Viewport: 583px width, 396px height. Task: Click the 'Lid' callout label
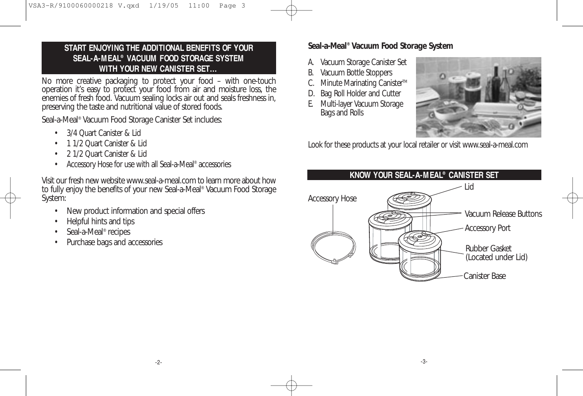point(469,187)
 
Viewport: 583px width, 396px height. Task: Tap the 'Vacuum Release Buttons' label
point(503,214)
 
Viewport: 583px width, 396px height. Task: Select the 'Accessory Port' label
point(487,228)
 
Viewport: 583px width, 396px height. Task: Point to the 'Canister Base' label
point(485,276)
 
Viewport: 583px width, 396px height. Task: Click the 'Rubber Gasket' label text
point(488,248)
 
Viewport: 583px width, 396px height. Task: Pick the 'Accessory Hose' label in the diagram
point(332,198)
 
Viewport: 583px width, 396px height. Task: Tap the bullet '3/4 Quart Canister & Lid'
point(104,133)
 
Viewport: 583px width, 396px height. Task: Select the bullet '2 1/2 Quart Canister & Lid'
point(107,154)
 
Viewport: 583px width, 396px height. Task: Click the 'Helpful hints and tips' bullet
point(100,221)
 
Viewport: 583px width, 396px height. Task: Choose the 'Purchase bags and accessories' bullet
point(115,242)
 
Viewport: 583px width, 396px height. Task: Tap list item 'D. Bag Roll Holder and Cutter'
point(354,93)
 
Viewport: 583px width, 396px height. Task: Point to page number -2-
point(159,362)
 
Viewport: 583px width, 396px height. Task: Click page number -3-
point(424,361)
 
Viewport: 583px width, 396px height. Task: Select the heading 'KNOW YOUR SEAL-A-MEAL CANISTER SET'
point(424,175)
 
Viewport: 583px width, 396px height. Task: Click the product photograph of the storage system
point(478,97)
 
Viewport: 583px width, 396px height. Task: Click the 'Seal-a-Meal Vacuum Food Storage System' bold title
point(380,46)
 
